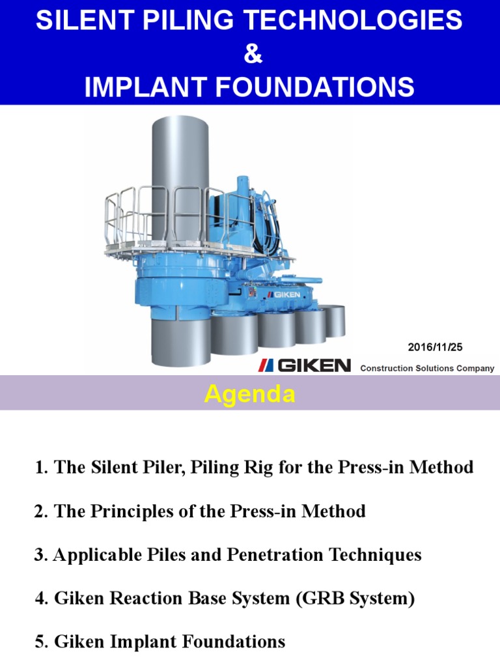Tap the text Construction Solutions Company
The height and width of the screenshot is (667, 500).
[x=427, y=368]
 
